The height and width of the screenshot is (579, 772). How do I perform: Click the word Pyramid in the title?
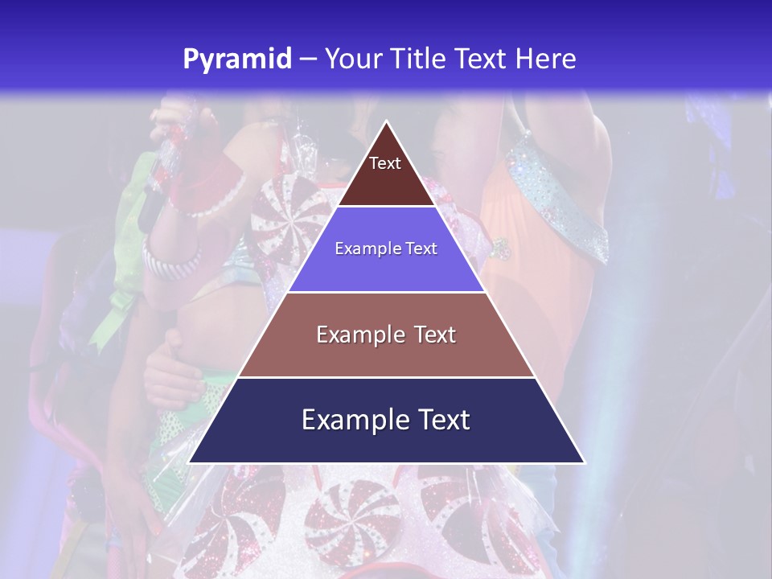(237, 60)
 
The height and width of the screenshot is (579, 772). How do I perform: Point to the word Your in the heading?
(351, 60)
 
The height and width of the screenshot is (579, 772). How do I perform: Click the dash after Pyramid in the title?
(307, 60)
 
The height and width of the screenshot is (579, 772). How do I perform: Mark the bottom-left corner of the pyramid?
(190, 462)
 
